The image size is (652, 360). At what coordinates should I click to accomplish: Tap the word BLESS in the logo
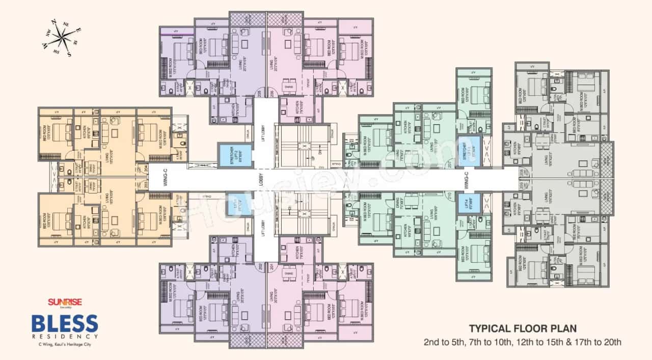point(65,324)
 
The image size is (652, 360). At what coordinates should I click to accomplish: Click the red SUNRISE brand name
point(61,302)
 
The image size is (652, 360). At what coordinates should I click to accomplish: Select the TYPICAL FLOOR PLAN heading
point(523,328)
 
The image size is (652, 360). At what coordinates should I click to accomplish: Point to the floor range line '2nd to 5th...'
point(523,342)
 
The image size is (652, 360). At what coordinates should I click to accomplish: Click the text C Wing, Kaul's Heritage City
point(61,345)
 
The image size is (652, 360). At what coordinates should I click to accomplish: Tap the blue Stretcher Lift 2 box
point(232,154)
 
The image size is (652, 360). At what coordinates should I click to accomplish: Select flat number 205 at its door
point(260,94)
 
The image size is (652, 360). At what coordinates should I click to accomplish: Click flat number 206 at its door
point(272,94)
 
